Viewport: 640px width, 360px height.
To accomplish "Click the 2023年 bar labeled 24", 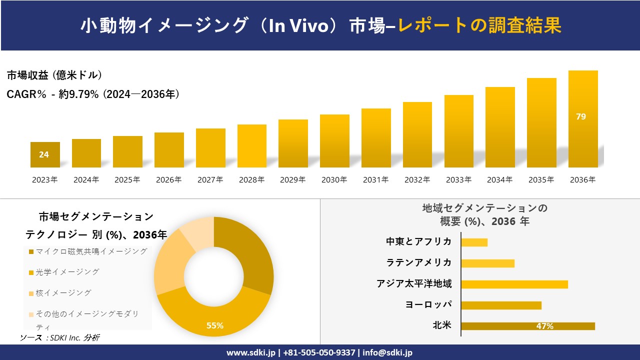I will [45, 154].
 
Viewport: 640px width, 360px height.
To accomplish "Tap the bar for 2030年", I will [334, 141].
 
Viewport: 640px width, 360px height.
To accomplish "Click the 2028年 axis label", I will [251, 180].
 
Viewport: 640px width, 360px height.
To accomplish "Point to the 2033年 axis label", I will [458, 180].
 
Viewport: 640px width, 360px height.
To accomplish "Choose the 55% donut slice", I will [215, 315].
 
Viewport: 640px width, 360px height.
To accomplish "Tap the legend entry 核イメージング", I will [60, 293].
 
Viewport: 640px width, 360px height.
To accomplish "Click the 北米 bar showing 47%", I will [527, 326].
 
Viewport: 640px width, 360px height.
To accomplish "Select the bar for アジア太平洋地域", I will [514, 284].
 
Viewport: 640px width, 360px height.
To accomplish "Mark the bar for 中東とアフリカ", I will [474, 242].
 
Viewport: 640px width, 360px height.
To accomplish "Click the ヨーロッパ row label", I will [428, 304].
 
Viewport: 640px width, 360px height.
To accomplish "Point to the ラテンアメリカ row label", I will [419, 262].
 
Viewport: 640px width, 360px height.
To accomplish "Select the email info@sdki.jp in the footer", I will [387, 352].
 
